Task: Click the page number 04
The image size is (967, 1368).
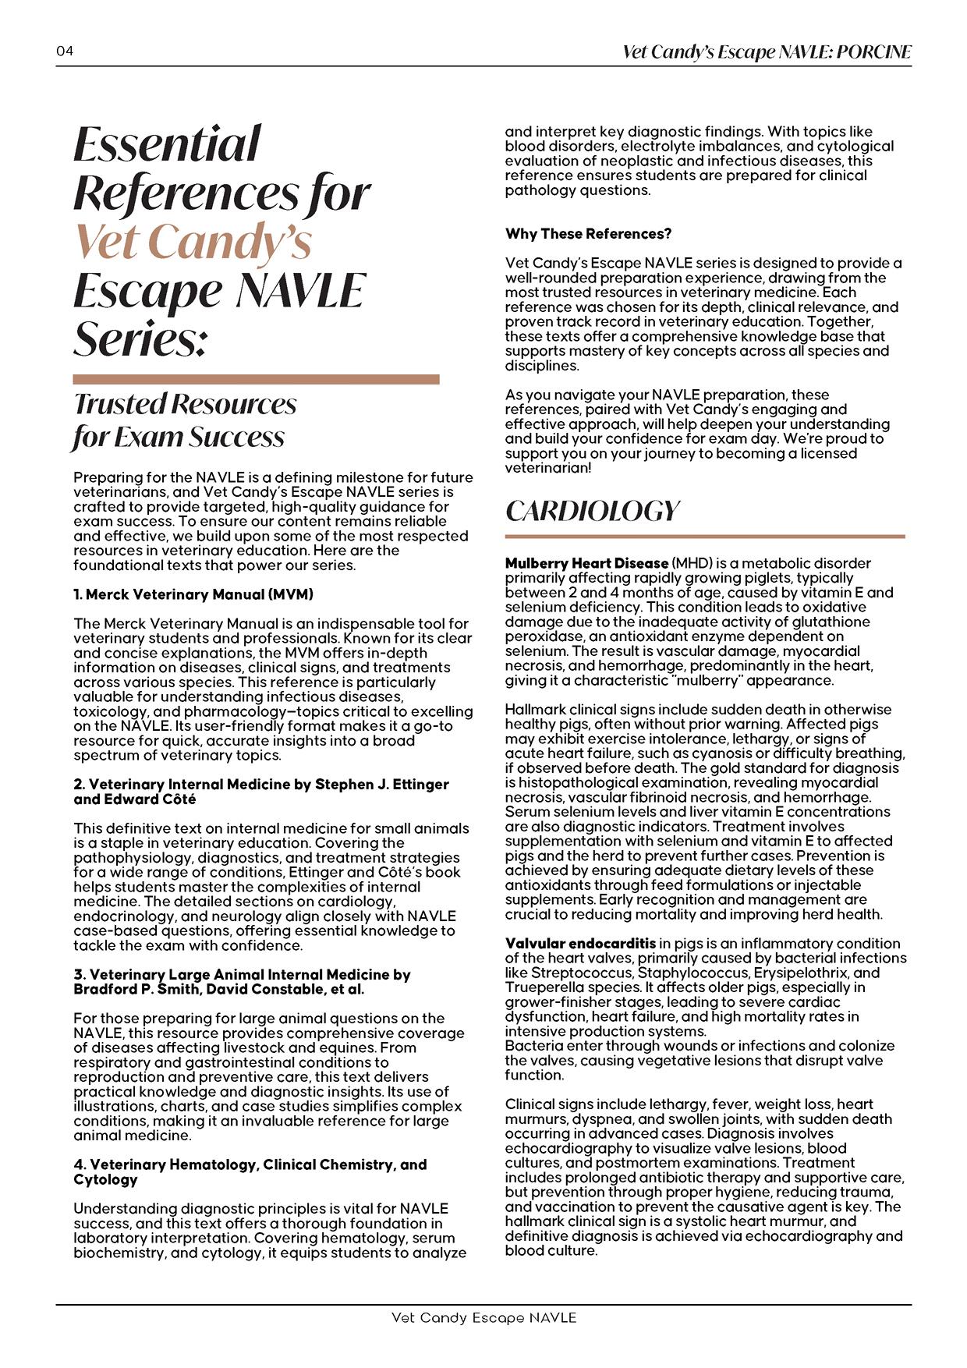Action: coord(65,51)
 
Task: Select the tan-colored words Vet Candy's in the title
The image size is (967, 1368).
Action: coord(193,241)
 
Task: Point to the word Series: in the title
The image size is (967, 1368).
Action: coord(140,338)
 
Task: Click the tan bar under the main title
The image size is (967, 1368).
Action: coord(256,380)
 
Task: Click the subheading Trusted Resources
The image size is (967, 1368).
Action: coord(185,404)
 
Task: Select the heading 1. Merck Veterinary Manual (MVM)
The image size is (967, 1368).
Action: coord(193,594)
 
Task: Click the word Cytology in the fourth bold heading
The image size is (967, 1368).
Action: coord(105,1179)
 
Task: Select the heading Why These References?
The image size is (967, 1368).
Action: coord(588,234)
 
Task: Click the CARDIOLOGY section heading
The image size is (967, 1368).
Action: coord(593,511)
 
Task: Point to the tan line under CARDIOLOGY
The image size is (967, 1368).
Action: coord(705,537)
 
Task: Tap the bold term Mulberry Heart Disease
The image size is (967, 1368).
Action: coord(586,563)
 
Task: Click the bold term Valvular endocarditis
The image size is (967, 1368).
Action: coord(580,944)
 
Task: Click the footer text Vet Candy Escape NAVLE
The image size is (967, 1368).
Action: coord(483,1318)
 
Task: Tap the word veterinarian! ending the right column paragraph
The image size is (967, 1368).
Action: coord(548,468)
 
